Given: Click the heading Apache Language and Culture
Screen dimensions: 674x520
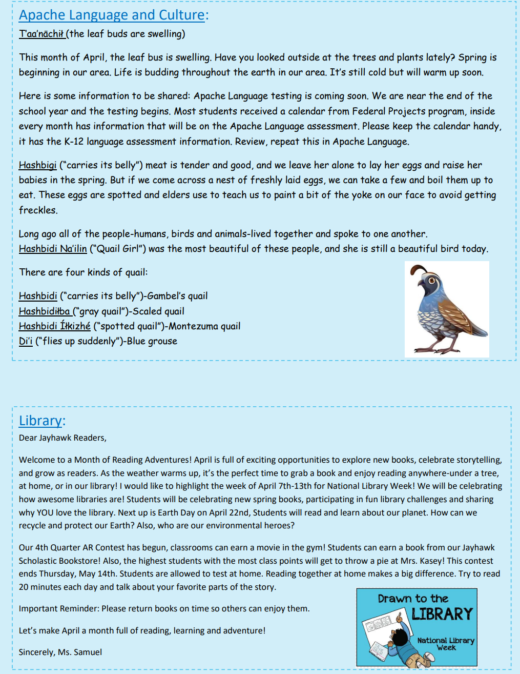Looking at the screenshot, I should [x=112, y=15].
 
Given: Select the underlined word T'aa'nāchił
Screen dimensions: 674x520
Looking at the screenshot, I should [x=41, y=34].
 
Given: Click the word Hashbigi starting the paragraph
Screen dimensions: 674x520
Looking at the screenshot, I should [x=37, y=165].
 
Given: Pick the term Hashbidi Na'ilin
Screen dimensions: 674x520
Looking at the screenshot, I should [x=53, y=249].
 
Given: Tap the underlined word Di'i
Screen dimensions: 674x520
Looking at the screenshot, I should [x=26, y=341].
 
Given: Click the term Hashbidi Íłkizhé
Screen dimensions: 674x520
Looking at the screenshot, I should [x=54, y=326].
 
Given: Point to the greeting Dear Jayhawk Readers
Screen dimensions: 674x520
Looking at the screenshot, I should [x=63, y=438].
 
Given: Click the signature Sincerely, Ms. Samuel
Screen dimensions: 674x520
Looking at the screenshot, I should [x=60, y=652].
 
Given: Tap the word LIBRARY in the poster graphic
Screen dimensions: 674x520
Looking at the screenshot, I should [x=442, y=614].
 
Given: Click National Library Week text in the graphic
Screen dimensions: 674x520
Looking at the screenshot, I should [x=446, y=644].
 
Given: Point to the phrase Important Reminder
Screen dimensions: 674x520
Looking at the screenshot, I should [x=59, y=608].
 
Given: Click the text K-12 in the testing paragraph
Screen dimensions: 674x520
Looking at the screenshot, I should [x=74, y=142].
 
